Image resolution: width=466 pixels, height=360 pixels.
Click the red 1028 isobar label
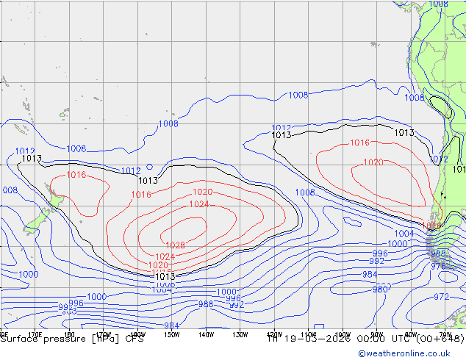[175, 245]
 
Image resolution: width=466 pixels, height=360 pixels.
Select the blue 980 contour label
[380, 289]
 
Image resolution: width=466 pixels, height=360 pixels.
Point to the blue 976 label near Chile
[438, 267]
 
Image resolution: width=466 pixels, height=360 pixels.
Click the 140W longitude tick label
[205, 334]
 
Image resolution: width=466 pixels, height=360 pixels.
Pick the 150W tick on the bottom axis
[171, 334]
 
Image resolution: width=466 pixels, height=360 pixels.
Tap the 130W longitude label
[240, 334]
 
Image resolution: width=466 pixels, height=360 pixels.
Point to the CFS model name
[135, 339]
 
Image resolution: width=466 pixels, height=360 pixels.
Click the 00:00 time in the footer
[373, 339]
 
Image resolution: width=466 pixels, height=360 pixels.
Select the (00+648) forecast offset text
[439, 339]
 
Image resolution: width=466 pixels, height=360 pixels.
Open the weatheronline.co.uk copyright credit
[411, 353]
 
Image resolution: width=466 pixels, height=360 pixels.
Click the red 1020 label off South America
[373, 162]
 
